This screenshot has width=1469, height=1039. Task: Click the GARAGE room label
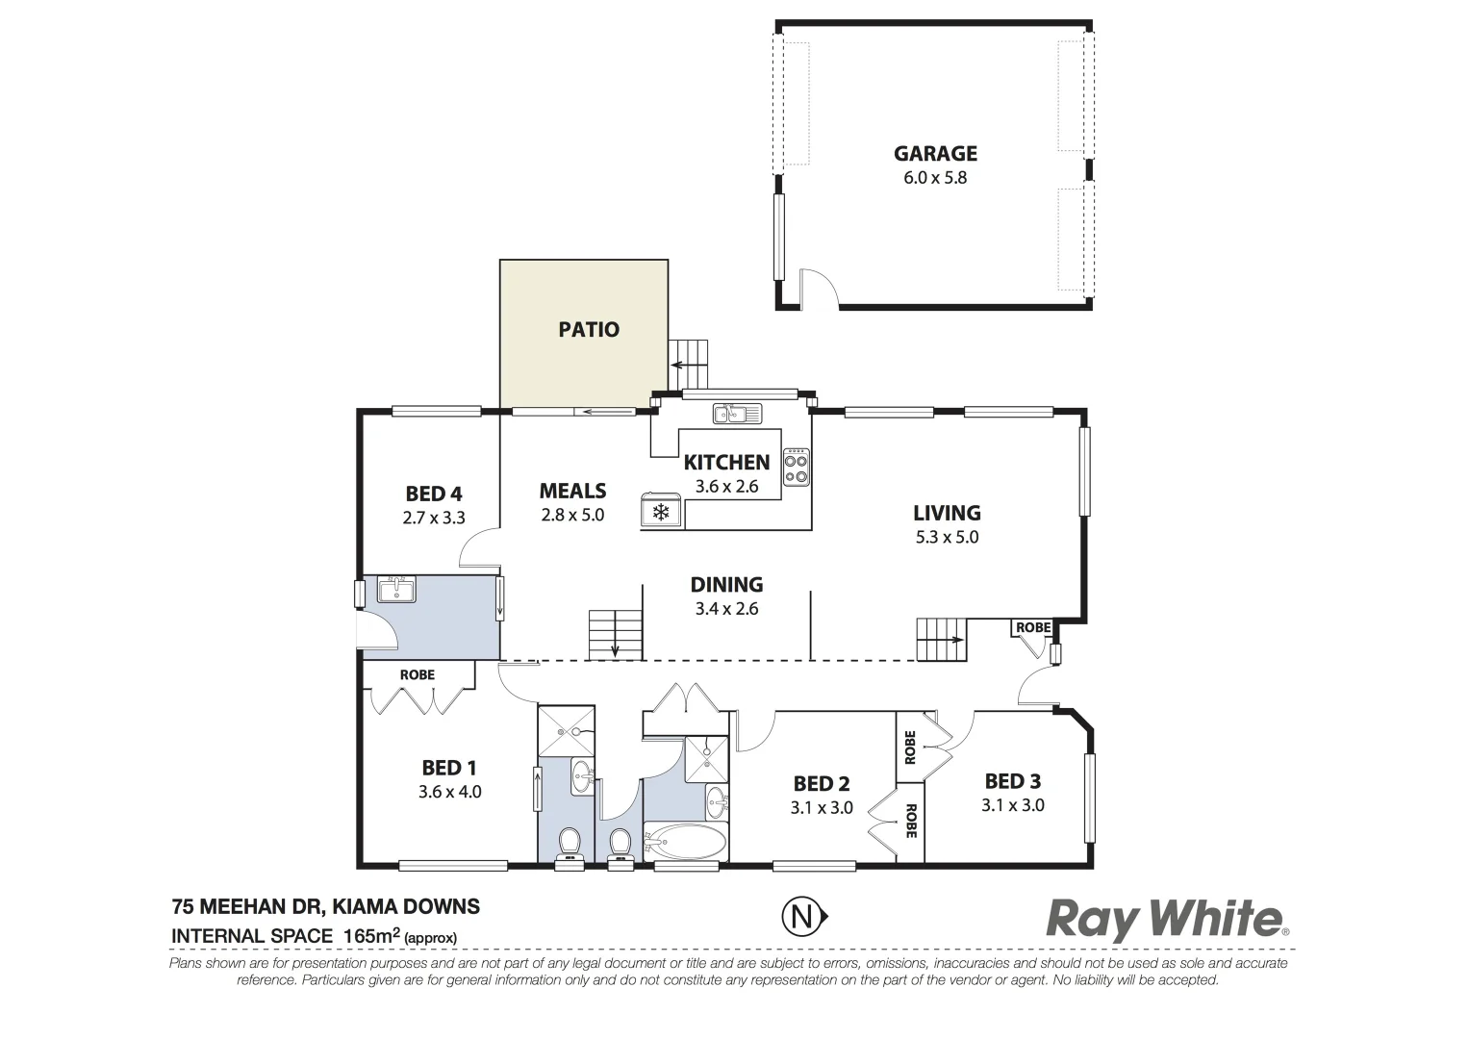pyautogui.click(x=934, y=154)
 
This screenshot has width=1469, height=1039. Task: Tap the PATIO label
pyautogui.click(x=589, y=330)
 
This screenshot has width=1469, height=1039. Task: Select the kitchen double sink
pyautogui.click(x=736, y=415)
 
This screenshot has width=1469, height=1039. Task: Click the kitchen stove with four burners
pyautogui.click(x=797, y=467)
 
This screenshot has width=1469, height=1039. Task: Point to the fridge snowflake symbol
pyautogui.click(x=661, y=512)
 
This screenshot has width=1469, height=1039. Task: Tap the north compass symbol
pyautogui.click(x=801, y=918)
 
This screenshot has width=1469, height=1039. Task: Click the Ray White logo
pyautogui.click(x=1166, y=919)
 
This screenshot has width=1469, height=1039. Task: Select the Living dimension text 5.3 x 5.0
pyautogui.click(x=947, y=538)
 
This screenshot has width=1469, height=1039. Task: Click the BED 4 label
pyautogui.click(x=433, y=494)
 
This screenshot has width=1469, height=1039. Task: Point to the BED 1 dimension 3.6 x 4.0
pyautogui.click(x=449, y=793)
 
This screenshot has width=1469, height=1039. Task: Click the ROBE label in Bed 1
pyautogui.click(x=418, y=675)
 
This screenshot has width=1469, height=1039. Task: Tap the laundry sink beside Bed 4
pyautogui.click(x=395, y=589)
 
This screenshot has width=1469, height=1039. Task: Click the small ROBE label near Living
pyautogui.click(x=1033, y=628)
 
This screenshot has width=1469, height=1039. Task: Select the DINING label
pyautogui.click(x=726, y=585)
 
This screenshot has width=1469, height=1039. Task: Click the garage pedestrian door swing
pyautogui.click(x=819, y=287)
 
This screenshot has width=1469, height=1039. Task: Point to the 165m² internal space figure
pyautogui.click(x=367, y=935)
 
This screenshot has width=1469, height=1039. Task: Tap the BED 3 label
pyautogui.click(x=1012, y=781)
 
